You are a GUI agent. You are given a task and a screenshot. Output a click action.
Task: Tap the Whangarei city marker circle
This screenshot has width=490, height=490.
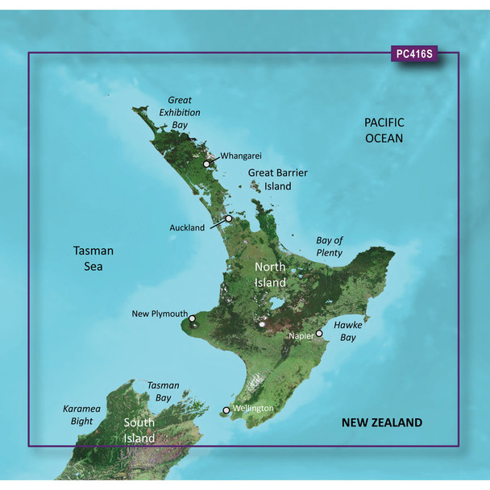(207, 164)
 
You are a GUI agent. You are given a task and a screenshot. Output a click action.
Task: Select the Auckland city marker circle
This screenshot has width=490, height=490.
(229, 218)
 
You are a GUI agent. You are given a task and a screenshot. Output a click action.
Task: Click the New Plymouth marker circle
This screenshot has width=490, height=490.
(193, 319)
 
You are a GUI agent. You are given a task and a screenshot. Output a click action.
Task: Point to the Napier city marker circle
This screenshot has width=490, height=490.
(319, 333)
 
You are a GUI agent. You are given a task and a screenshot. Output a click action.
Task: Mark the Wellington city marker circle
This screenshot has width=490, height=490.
(226, 410)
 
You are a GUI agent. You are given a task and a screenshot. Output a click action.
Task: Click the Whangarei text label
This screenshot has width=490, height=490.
(238, 156)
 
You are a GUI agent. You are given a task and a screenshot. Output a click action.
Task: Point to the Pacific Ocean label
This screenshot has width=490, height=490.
(383, 130)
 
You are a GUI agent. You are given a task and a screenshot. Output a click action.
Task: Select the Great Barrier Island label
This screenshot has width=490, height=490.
(270, 179)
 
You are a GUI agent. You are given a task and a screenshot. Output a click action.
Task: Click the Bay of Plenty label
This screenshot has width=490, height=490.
(329, 247)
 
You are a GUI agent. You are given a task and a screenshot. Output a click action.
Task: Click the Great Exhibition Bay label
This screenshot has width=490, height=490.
(179, 113)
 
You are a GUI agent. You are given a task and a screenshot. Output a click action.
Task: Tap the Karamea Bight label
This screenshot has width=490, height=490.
(82, 415)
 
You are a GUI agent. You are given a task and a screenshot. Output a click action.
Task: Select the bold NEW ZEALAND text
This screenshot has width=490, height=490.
(381, 422)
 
